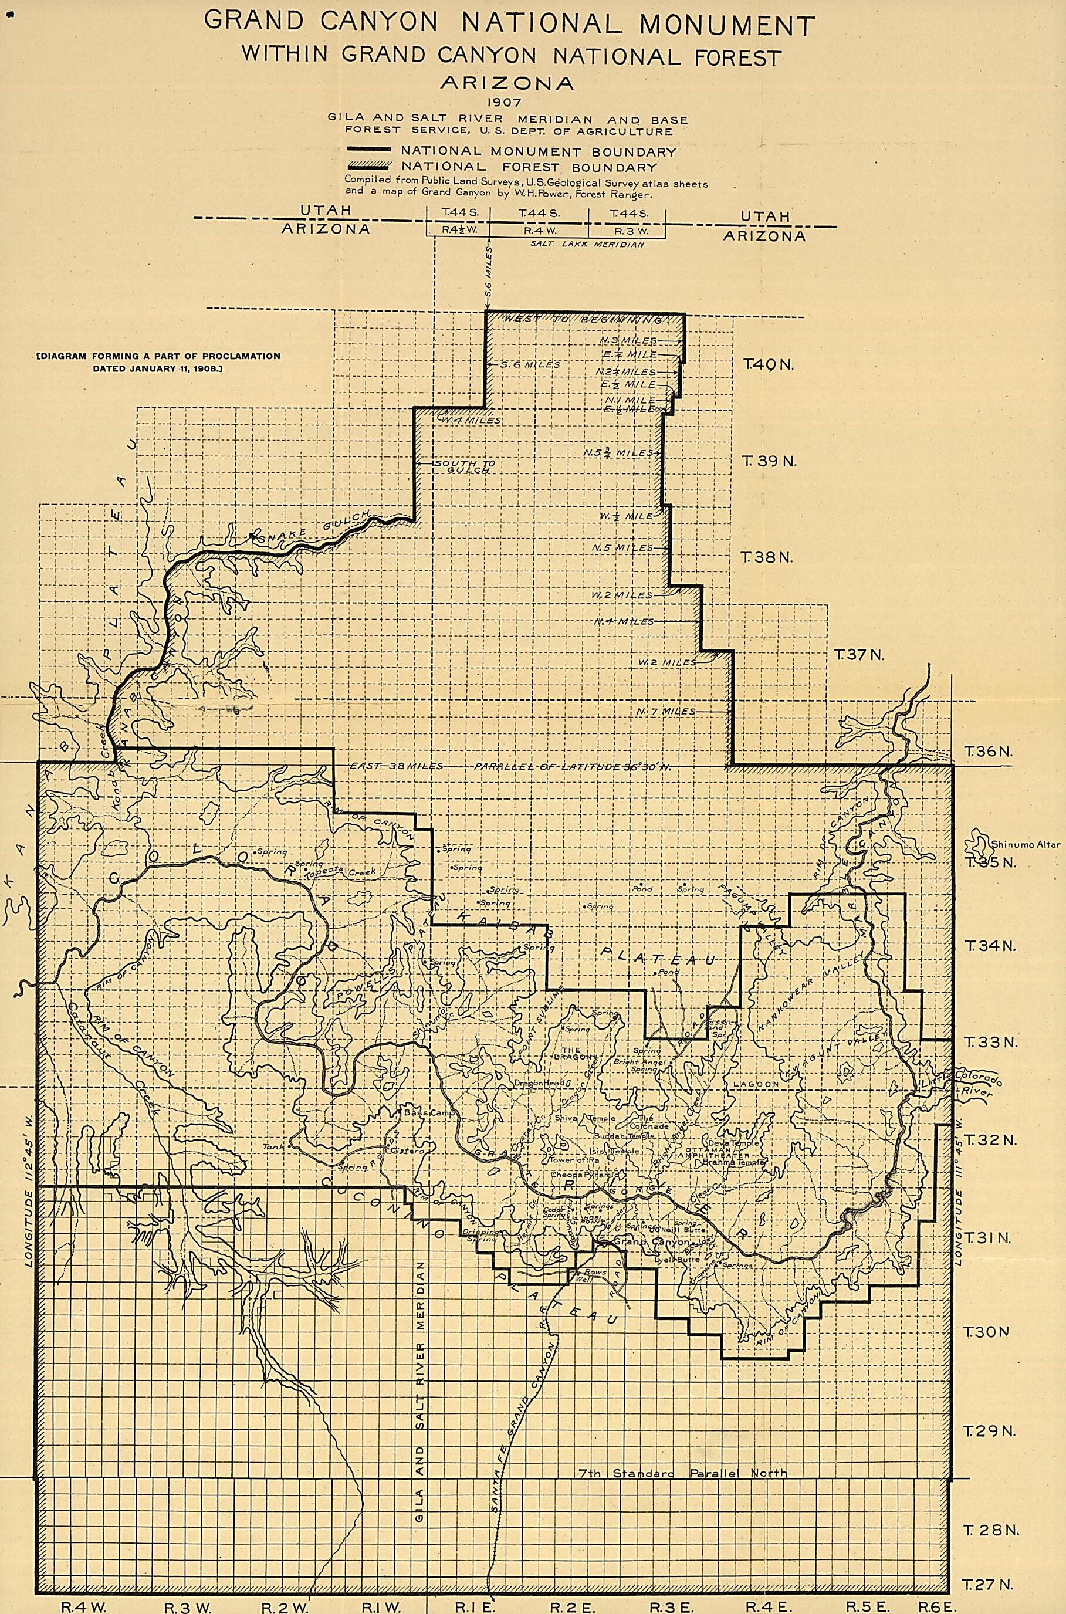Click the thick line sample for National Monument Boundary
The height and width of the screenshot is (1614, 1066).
click(x=371, y=151)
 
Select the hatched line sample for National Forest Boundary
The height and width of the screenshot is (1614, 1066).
click(x=371, y=167)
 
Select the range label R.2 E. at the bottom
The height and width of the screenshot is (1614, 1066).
click(x=564, y=1602)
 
